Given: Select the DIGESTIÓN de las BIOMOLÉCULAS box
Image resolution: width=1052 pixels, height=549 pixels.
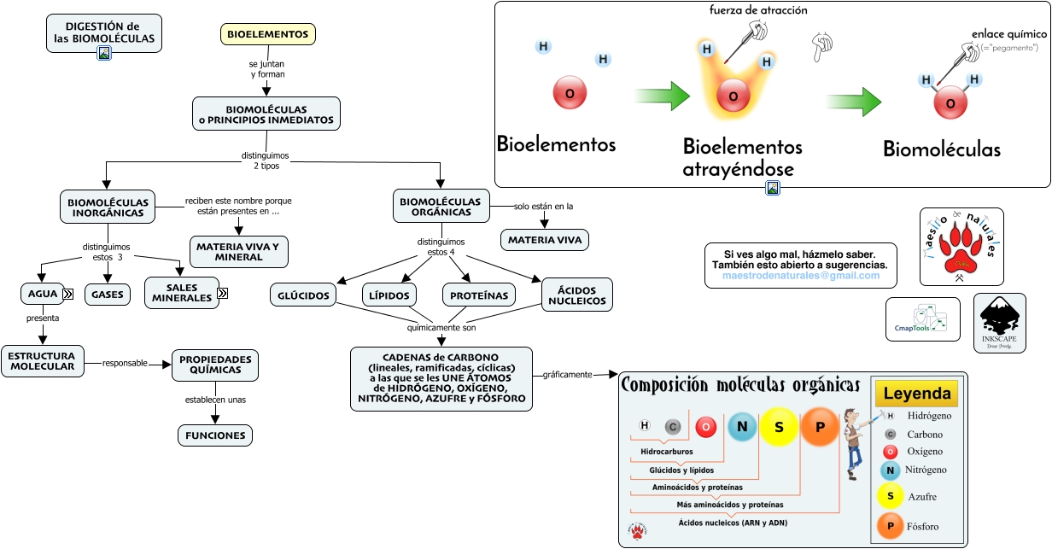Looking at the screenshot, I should click(x=104, y=32).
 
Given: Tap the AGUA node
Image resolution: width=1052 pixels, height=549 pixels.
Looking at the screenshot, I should click(x=43, y=294).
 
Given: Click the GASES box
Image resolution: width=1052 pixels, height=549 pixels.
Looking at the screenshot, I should click(x=108, y=295).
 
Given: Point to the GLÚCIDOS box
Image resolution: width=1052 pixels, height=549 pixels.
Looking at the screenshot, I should click(x=303, y=295).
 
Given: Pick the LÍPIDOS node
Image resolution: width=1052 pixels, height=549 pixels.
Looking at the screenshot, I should click(x=389, y=295).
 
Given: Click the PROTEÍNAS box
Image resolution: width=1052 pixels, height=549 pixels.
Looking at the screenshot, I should click(x=479, y=295).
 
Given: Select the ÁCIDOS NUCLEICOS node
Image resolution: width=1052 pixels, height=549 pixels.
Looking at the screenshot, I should click(x=577, y=295).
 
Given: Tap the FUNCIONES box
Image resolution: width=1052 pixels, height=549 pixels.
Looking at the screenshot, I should click(x=214, y=435).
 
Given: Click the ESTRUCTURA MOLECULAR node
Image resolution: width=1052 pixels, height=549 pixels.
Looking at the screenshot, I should click(x=42, y=361).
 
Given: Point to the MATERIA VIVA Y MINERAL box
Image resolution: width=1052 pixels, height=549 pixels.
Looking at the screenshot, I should click(x=238, y=252).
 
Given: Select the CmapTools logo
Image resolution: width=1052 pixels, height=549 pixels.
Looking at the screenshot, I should click(x=922, y=318).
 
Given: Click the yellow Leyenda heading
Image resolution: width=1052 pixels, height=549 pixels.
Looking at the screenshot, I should click(x=916, y=394).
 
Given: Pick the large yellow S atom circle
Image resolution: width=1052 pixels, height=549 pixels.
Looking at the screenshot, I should click(x=779, y=427).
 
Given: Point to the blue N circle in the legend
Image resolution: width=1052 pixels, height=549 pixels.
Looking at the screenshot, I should click(x=890, y=470).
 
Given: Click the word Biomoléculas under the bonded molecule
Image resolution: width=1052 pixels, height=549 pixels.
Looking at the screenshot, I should click(x=941, y=149).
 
